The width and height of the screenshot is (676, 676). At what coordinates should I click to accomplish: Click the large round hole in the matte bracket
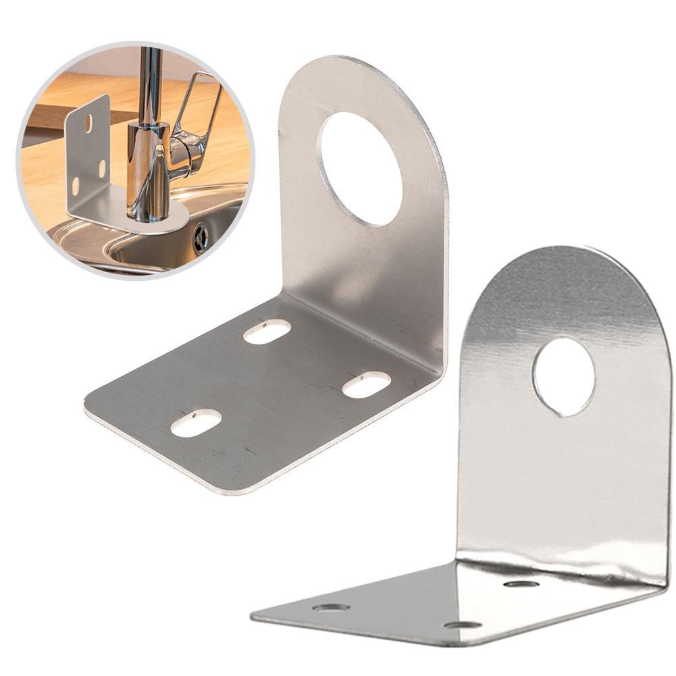(361, 169)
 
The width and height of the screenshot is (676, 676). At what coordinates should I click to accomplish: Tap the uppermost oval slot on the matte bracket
(267, 331)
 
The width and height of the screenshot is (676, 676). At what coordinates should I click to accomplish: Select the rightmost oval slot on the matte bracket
(366, 384)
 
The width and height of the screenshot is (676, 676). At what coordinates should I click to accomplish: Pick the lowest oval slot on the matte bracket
(196, 423)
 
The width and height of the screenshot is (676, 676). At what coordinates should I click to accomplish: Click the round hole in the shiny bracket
(563, 375)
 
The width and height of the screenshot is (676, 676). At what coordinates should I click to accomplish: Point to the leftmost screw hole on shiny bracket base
(331, 607)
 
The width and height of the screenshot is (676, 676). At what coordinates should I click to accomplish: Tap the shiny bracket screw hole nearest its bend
(521, 583)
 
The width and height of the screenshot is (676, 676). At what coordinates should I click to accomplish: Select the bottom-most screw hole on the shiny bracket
(462, 625)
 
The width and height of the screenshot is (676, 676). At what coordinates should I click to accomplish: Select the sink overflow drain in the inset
(200, 238)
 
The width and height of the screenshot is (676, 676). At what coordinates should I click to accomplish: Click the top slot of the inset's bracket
(88, 124)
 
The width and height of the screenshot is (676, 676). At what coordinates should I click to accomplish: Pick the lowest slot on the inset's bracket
(76, 184)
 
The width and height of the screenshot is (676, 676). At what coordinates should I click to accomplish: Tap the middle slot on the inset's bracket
(101, 168)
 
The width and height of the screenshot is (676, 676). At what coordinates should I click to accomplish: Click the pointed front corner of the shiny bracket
(254, 617)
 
